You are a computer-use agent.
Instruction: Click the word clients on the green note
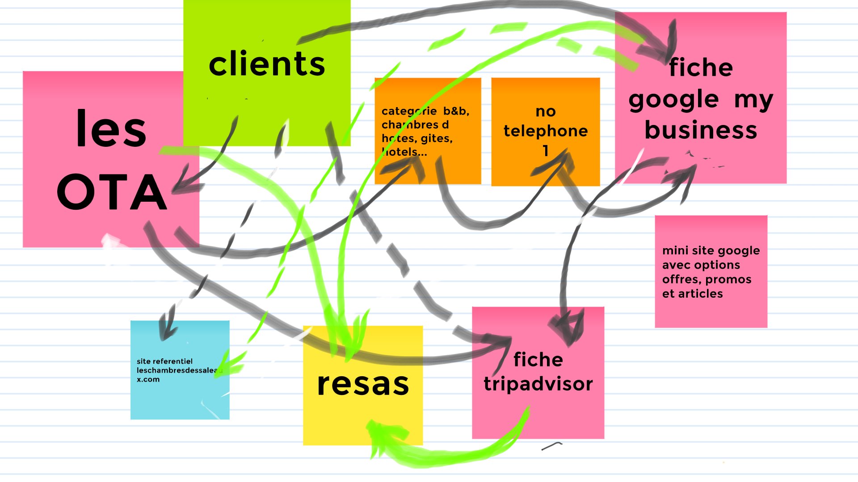[267, 64]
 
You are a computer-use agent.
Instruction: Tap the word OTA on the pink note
[112, 192]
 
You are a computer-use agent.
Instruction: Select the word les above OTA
[111, 129]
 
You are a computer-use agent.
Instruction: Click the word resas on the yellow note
[363, 384]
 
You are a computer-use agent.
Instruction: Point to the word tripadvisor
[538, 384]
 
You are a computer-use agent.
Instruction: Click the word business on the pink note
[701, 130]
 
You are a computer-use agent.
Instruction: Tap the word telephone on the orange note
[546, 131]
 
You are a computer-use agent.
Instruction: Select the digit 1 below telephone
[546, 151]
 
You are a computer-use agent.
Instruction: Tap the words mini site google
[711, 250]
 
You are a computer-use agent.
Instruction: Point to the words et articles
[692, 294]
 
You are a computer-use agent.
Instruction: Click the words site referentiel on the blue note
[164, 361]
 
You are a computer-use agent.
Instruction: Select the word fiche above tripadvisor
[538, 360]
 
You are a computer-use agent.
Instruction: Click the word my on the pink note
[753, 100]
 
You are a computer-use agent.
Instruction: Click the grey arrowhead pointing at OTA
[181, 187]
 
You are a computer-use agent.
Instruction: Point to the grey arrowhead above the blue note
[167, 330]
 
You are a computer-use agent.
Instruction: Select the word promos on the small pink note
[729, 279]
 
